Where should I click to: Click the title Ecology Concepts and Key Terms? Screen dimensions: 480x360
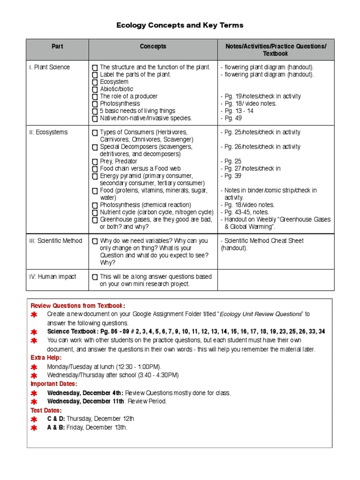click(x=180, y=25)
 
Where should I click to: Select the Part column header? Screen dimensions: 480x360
click(x=57, y=46)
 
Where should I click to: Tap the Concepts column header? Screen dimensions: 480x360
click(x=153, y=46)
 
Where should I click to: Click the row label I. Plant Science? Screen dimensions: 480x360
click(x=49, y=67)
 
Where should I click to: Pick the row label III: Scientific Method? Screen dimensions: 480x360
click(x=55, y=241)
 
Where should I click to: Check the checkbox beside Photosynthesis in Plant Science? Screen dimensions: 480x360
click(x=95, y=104)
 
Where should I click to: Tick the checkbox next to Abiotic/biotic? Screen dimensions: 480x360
click(x=95, y=90)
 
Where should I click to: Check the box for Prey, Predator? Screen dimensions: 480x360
click(x=95, y=162)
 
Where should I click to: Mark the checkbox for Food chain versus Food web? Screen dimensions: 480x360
click(x=95, y=169)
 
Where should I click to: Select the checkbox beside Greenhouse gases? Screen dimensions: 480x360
click(x=95, y=220)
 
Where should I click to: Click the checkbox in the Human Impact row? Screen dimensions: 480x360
click(x=95, y=277)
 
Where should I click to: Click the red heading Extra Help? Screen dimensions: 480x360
click(x=46, y=358)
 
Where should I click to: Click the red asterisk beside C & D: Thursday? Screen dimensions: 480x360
click(x=34, y=419)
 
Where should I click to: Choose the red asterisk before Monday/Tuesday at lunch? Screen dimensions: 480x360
click(x=34, y=367)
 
